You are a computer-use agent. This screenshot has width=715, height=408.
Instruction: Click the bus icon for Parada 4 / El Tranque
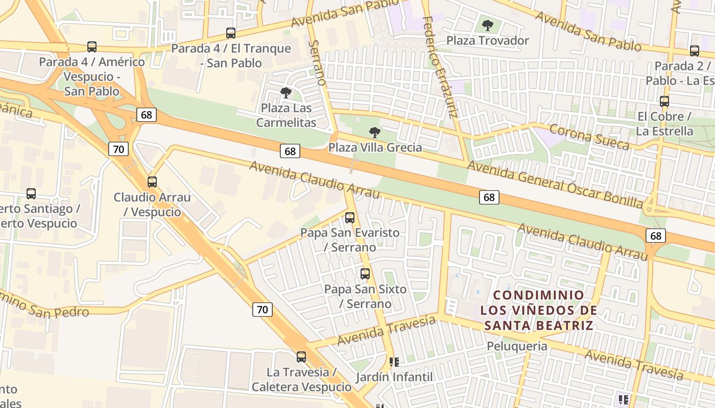pos(231,33)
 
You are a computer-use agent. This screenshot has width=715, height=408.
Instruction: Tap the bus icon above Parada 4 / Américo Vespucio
pos(92,47)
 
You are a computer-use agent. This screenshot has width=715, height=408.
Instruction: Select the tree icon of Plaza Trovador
pos(488,24)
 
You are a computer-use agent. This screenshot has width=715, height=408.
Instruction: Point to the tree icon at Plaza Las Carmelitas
pos(286,93)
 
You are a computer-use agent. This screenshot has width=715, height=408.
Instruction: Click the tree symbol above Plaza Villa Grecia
pos(375,133)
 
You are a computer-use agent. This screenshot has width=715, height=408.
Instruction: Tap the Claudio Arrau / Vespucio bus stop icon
pos(152,182)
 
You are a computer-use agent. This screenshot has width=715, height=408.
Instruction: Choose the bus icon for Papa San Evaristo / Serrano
pos(350,217)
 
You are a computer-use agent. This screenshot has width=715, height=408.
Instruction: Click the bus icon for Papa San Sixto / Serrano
pos(365,274)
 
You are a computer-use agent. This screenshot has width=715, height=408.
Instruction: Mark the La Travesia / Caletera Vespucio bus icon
pos(301,357)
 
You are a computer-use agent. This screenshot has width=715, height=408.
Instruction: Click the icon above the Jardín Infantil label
pos(394,362)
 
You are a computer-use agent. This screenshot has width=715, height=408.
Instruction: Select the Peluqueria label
pos(517,346)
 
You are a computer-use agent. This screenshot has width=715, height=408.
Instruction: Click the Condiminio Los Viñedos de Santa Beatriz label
pos(539,310)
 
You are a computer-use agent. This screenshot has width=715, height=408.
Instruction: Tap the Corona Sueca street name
pos(589,137)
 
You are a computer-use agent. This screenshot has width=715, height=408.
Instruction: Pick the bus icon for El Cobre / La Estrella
pos(664,101)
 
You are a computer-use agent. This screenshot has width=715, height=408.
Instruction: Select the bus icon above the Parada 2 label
pos(695,51)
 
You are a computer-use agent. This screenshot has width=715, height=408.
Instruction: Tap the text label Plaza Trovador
pos(488,40)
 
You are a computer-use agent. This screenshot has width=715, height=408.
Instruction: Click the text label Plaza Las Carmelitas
pos(286,115)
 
